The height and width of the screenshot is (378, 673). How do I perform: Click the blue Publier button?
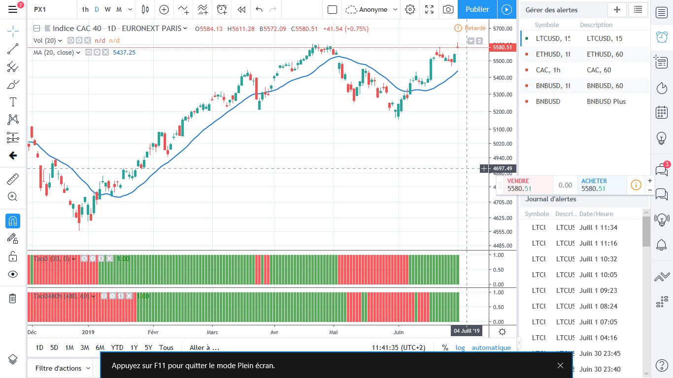point(477,9)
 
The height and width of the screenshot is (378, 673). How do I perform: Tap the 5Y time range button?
point(148,347)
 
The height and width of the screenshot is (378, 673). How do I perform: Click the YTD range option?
point(117,347)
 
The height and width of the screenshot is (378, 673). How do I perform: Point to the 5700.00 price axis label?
point(502,29)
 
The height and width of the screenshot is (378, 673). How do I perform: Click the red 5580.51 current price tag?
point(502,47)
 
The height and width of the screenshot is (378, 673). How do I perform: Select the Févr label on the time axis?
point(153,332)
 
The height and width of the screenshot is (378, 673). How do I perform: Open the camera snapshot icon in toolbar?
point(448,9)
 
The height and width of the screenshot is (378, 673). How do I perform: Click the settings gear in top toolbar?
point(410,9)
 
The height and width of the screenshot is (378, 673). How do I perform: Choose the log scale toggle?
point(460,347)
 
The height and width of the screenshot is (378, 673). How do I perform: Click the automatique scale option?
point(491,347)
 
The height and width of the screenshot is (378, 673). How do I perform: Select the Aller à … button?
point(204,347)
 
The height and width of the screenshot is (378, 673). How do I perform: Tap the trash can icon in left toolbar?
point(13,298)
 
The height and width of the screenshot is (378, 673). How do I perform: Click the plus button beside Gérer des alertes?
point(617,9)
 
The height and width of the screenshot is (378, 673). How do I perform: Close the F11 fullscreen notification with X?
point(560,365)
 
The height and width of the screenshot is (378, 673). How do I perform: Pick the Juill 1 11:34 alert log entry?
point(598,227)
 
